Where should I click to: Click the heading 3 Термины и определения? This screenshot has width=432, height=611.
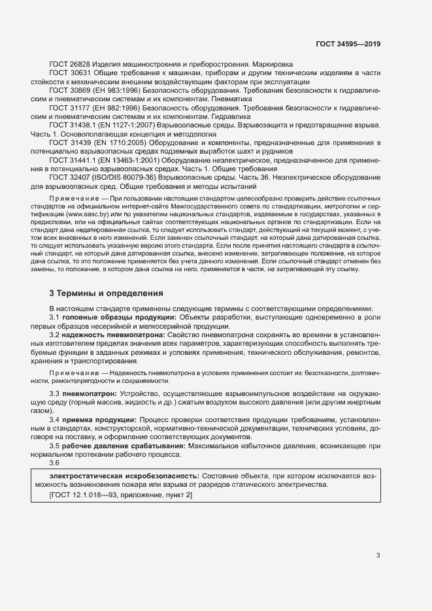[x=107, y=293]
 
